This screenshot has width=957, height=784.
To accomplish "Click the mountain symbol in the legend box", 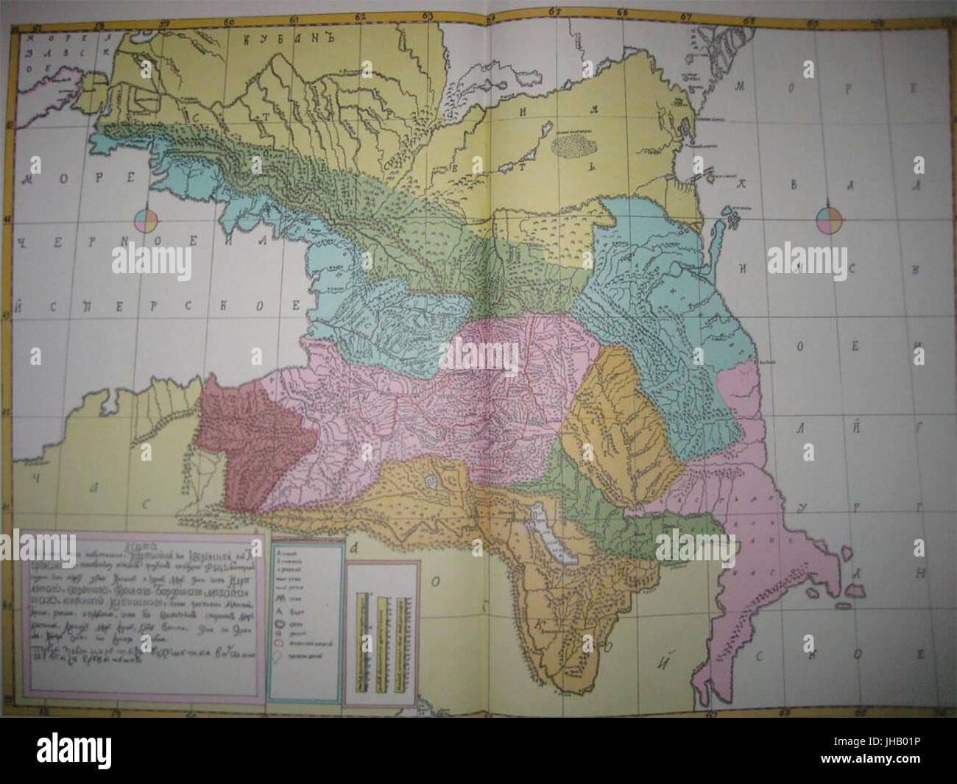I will (282, 601).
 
